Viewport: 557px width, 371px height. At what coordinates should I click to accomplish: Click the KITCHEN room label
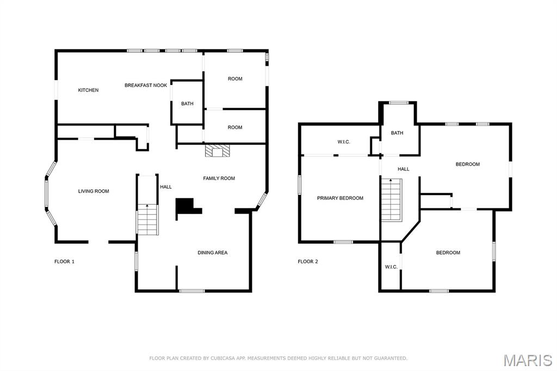click(x=88, y=90)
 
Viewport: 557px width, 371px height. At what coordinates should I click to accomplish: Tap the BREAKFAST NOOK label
click(x=146, y=85)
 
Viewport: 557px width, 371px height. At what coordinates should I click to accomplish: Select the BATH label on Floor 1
click(x=187, y=104)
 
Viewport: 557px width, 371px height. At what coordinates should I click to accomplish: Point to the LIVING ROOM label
click(x=94, y=191)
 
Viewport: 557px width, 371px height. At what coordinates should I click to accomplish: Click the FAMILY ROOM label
click(x=219, y=178)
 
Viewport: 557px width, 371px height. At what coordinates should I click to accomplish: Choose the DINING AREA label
click(x=213, y=252)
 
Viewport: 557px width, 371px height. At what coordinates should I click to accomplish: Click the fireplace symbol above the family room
click(x=218, y=150)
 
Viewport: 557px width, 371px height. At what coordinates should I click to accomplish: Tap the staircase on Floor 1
click(x=147, y=220)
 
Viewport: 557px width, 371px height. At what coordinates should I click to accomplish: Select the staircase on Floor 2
click(x=392, y=200)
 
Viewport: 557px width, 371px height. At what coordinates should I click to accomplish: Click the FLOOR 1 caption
click(x=64, y=262)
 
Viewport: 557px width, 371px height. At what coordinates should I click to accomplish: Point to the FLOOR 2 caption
click(x=308, y=262)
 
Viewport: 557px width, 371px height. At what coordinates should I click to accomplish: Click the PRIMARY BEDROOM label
click(x=340, y=199)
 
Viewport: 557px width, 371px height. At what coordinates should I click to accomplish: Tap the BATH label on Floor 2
click(x=397, y=133)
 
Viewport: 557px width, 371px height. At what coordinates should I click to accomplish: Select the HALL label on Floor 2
click(x=403, y=169)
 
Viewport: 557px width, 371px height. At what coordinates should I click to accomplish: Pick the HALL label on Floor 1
click(x=165, y=187)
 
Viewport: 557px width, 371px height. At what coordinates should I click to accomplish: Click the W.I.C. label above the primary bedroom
click(x=344, y=142)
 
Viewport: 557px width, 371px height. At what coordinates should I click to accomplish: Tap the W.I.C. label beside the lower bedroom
click(x=391, y=267)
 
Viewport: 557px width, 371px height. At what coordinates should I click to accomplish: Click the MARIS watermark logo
click(x=528, y=360)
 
